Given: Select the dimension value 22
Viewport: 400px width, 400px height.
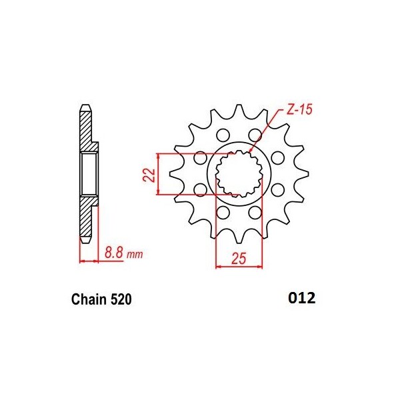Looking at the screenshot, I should [149, 174].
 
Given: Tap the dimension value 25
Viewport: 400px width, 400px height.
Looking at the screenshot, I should [237, 258].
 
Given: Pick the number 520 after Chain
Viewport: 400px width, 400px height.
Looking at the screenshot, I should [121, 300].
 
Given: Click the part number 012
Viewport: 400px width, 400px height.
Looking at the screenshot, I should [297, 297].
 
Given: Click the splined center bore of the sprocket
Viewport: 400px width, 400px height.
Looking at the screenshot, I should [238, 173].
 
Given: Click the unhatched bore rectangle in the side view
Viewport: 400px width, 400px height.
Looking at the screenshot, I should [89, 173].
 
